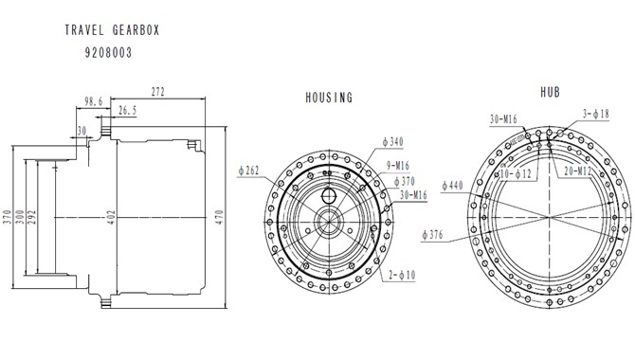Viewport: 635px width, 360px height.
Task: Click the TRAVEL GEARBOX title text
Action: [112, 30]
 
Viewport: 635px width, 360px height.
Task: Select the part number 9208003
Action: [109, 53]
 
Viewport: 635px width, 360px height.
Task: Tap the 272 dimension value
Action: [158, 92]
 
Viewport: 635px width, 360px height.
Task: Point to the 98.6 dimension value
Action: [94, 101]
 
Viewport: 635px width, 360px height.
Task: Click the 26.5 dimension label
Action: [128, 110]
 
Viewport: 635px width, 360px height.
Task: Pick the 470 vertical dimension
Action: [219, 218]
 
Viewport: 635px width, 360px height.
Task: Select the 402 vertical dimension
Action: [112, 218]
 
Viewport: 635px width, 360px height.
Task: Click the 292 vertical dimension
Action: [32, 218]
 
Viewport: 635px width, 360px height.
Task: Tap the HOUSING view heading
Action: [329, 98]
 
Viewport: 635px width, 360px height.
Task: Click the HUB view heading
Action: [551, 92]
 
